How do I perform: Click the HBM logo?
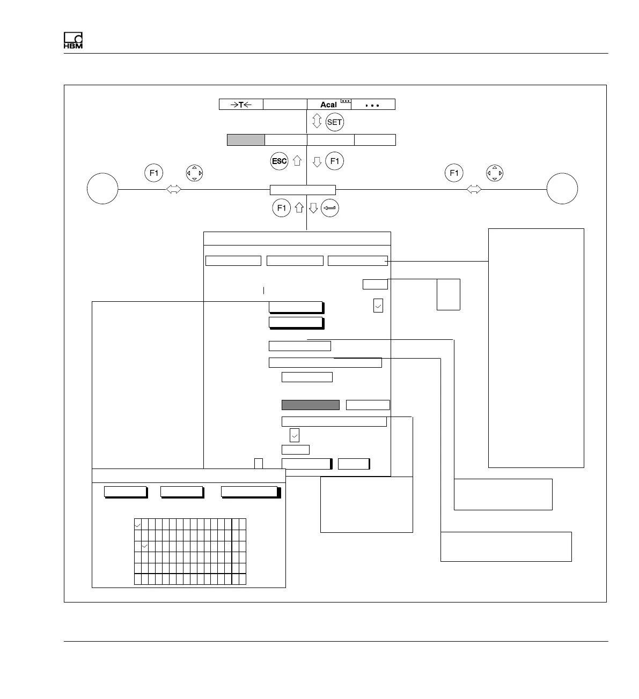point(73,41)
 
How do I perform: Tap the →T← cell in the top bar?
point(241,105)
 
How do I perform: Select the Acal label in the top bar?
point(328,105)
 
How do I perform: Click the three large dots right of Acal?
point(372,105)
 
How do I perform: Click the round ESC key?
point(280,161)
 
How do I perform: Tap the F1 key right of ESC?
point(335,161)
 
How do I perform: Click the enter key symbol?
point(330,208)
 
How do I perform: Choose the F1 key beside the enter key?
point(282,208)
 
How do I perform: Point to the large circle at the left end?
point(102,189)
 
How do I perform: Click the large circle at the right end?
point(562,189)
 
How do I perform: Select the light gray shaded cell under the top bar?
point(246,140)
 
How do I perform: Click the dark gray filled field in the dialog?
point(311,405)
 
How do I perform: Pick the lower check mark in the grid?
point(144,546)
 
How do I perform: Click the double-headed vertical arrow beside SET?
point(317,122)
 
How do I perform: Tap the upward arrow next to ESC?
point(297,161)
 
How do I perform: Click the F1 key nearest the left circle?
point(154,173)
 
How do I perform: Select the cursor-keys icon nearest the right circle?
point(495,173)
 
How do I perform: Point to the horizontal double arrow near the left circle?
point(174,189)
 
